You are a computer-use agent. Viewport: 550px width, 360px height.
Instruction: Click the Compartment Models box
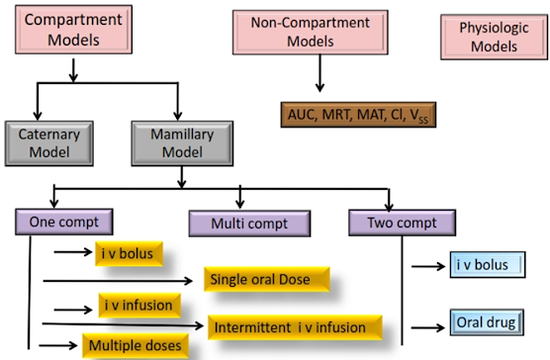tap(73, 30)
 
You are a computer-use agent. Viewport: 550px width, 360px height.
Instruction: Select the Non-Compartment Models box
tap(310, 33)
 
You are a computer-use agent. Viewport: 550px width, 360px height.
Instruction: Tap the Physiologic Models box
tap(494, 37)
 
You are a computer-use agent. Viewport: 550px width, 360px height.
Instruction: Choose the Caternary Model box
tap(49, 143)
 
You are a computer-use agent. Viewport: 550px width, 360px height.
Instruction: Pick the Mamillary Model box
tap(182, 143)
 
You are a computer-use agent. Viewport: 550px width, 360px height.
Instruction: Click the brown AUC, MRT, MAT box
tap(358, 115)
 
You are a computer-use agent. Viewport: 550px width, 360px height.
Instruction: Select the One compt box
tap(64, 222)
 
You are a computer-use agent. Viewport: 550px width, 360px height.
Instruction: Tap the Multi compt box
tap(249, 224)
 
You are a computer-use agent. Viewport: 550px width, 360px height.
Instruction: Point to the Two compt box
tap(402, 223)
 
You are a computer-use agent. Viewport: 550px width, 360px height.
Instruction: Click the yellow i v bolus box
tap(129, 253)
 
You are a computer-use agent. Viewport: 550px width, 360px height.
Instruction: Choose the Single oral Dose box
tap(267, 279)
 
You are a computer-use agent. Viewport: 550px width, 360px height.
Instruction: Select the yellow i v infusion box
tap(139, 306)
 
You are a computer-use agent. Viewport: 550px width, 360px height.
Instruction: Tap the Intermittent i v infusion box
tap(295, 327)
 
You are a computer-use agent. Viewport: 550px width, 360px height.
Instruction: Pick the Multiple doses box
tap(136, 345)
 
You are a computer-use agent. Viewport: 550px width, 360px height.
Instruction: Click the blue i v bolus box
tap(488, 265)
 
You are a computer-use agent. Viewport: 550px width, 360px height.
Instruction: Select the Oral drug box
tap(487, 322)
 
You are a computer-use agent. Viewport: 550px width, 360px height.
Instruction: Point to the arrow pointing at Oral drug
tap(428, 328)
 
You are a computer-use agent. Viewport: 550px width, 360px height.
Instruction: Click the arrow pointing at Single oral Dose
tap(118, 281)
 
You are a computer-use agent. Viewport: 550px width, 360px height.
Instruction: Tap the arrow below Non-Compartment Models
tap(320, 73)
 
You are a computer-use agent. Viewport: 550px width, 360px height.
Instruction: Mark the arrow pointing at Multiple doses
tap(58, 345)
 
